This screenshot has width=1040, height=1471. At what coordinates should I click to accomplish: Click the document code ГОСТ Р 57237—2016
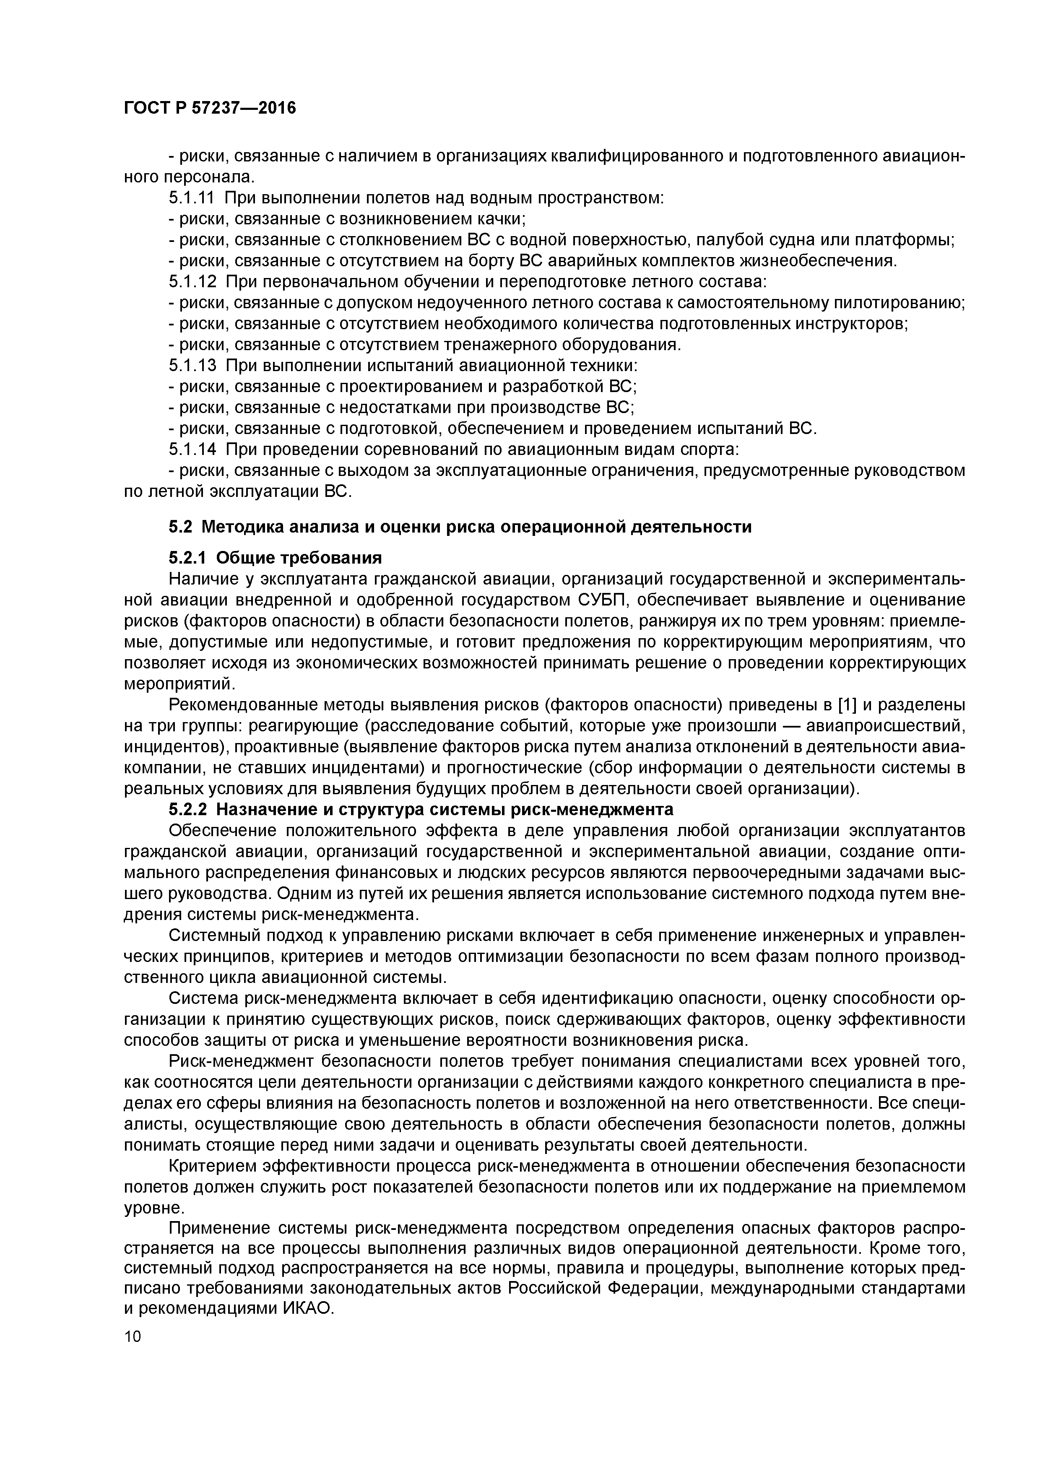pos(210,108)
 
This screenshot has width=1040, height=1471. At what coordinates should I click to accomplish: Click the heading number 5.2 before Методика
pos(181,527)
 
